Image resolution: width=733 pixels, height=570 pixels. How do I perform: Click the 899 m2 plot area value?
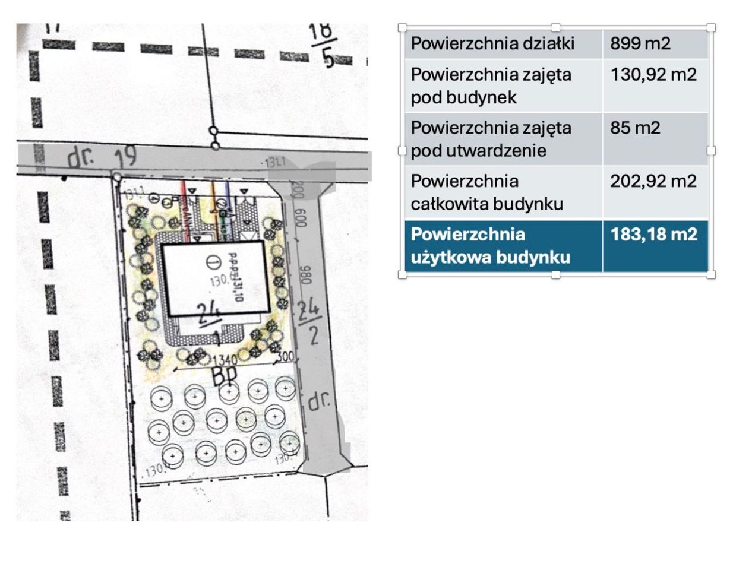point(640,43)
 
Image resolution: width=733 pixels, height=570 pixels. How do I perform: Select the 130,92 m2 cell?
point(653,75)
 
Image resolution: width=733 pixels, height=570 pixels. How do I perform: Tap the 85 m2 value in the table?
point(634,128)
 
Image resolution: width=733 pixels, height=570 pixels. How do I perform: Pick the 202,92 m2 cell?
point(653,181)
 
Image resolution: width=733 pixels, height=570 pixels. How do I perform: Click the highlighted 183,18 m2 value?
point(653,235)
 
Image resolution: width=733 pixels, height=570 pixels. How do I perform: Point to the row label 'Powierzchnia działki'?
point(492,43)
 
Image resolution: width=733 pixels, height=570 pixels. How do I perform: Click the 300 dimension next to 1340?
point(286,357)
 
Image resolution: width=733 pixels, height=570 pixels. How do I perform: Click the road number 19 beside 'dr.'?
point(125,156)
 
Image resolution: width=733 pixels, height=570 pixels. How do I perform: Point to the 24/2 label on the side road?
point(310,321)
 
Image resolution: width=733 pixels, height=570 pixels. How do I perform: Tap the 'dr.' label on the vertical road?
point(319,401)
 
